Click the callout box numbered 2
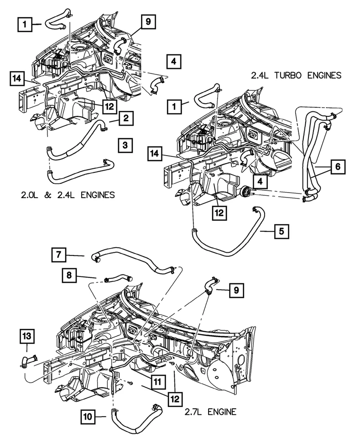point(126,119)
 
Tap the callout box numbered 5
point(282,231)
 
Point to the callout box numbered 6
point(337,167)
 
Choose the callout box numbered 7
point(59,255)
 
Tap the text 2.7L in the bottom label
point(194,412)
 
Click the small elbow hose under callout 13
point(29,360)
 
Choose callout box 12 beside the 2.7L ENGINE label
point(174,399)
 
